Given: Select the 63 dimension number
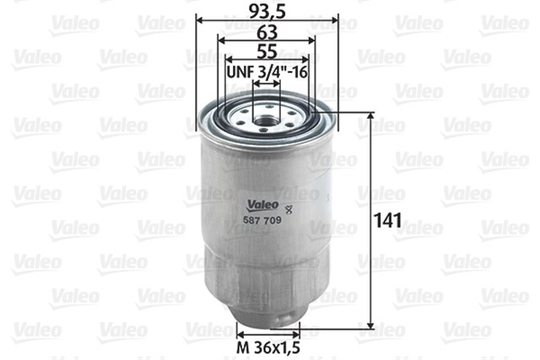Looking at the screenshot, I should (267, 32).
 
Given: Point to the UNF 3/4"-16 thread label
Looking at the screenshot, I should (267, 73).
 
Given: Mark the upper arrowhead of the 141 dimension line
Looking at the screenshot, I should (370, 117).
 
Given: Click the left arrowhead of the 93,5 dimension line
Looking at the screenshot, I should (199, 19).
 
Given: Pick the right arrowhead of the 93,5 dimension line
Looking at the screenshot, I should (334, 19).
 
